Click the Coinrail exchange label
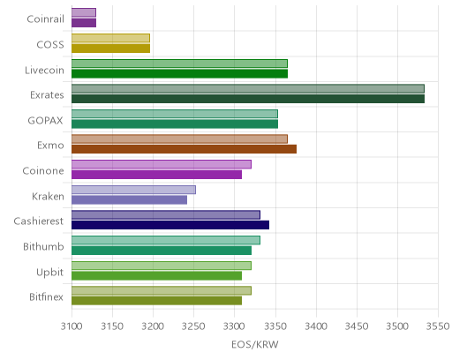click(45, 19)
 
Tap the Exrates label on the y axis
click(47, 95)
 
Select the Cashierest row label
click(39, 221)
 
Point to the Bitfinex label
click(46, 297)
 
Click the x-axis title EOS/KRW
click(255, 345)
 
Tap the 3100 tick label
click(72, 326)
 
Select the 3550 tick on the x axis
click(438, 326)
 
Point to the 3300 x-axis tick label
click(235, 326)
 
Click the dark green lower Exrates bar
click(248, 99)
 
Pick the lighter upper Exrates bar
click(248, 88)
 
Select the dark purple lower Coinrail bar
click(84, 23)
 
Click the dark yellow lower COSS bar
click(110, 49)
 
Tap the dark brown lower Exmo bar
click(184, 149)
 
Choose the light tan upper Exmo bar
click(179, 139)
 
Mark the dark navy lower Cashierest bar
click(170, 225)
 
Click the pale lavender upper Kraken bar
click(133, 190)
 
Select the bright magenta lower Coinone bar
click(156, 175)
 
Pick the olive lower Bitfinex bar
click(156, 301)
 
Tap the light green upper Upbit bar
click(162, 266)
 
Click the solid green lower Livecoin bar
click(179, 74)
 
